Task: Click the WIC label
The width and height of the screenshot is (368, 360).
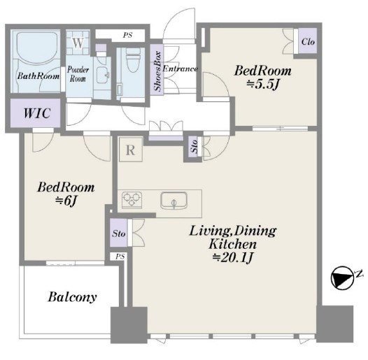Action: click(x=37, y=113)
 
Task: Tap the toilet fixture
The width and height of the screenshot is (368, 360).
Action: click(x=133, y=60)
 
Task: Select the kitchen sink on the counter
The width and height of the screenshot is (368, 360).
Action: click(x=174, y=201)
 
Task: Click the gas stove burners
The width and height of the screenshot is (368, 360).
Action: click(x=132, y=200)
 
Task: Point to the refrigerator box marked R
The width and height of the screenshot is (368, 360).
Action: click(x=131, y=150)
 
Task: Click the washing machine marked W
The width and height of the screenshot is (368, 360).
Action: click(x=78, y=43)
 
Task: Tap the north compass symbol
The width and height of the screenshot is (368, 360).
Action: click(x=343, y=278)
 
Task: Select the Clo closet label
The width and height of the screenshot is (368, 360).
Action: click(x=308, y=42)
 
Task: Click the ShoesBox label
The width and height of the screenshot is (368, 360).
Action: click(x=157, y=71)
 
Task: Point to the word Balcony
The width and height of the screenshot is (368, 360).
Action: click(x=72, y=297)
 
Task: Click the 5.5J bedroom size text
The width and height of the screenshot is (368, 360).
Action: click(x=262, y=85)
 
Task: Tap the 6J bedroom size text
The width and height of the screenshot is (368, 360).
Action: click(x=66, y=201)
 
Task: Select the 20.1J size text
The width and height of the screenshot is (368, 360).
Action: click(x=232, y=257)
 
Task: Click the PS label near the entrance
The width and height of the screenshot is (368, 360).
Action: click(x=127, y=35)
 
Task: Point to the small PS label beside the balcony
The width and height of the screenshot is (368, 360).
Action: click(x=120, y=257)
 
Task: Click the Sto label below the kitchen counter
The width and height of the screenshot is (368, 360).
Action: click(x=118, y=233)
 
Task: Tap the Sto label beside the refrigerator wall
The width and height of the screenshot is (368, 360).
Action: click(x=194, y=147)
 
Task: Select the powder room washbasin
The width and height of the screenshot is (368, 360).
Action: click(x=103, y=75)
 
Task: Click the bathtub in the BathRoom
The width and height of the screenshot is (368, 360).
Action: click(x=37, y=48)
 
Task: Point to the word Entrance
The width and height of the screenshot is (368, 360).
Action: click(x=181, y=69)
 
